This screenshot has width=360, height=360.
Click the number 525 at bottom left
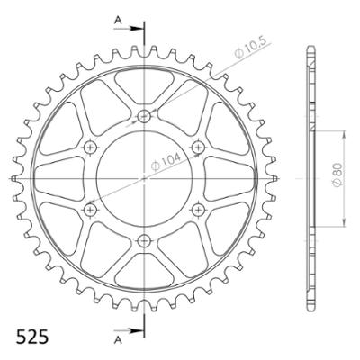[32, 337]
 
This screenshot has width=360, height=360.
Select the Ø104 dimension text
[166, 161]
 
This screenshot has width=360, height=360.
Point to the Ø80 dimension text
[337, 178]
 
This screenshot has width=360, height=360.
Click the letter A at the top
[118, 20]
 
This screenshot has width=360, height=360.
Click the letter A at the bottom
[118, 339]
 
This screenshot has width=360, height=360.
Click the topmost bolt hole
[144, 115]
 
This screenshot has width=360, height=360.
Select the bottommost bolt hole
[144, 240]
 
